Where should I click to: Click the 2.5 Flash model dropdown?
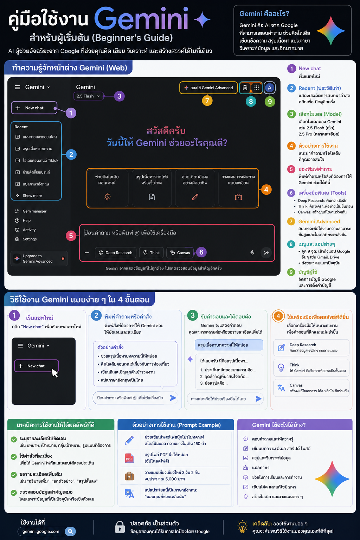click(x=88, y=96)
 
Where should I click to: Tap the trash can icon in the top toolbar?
click(x=245, y=88)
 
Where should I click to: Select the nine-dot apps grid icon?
click(x=257, y=88)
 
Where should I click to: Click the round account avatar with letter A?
click(x=270, y=88)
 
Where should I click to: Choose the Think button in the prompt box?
click(x=152, y=253)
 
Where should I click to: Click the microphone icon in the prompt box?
click(x=252, y=253)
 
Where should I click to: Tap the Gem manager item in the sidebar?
click(x=31, y=211)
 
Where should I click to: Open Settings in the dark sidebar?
click(x=26, y=239)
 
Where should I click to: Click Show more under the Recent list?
click(x=29, y=196)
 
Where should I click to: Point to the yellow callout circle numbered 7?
click(x=207, y=101)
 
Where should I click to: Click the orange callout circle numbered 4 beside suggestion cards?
click(x=266, y=190)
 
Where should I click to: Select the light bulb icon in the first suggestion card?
click(x=107, y=197)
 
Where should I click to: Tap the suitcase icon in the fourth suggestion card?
click(x=238, y=197)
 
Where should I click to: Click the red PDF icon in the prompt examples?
click(x=129, y=458)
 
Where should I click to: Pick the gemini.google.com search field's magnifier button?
click(x=70, y=531)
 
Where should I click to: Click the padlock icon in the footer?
click(x=120, y=527)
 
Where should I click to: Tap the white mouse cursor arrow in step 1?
click(x=55, y=373)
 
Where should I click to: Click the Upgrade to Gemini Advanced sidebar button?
click(x=39, y=258)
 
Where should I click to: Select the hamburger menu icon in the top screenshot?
click(x=18, y=87)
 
